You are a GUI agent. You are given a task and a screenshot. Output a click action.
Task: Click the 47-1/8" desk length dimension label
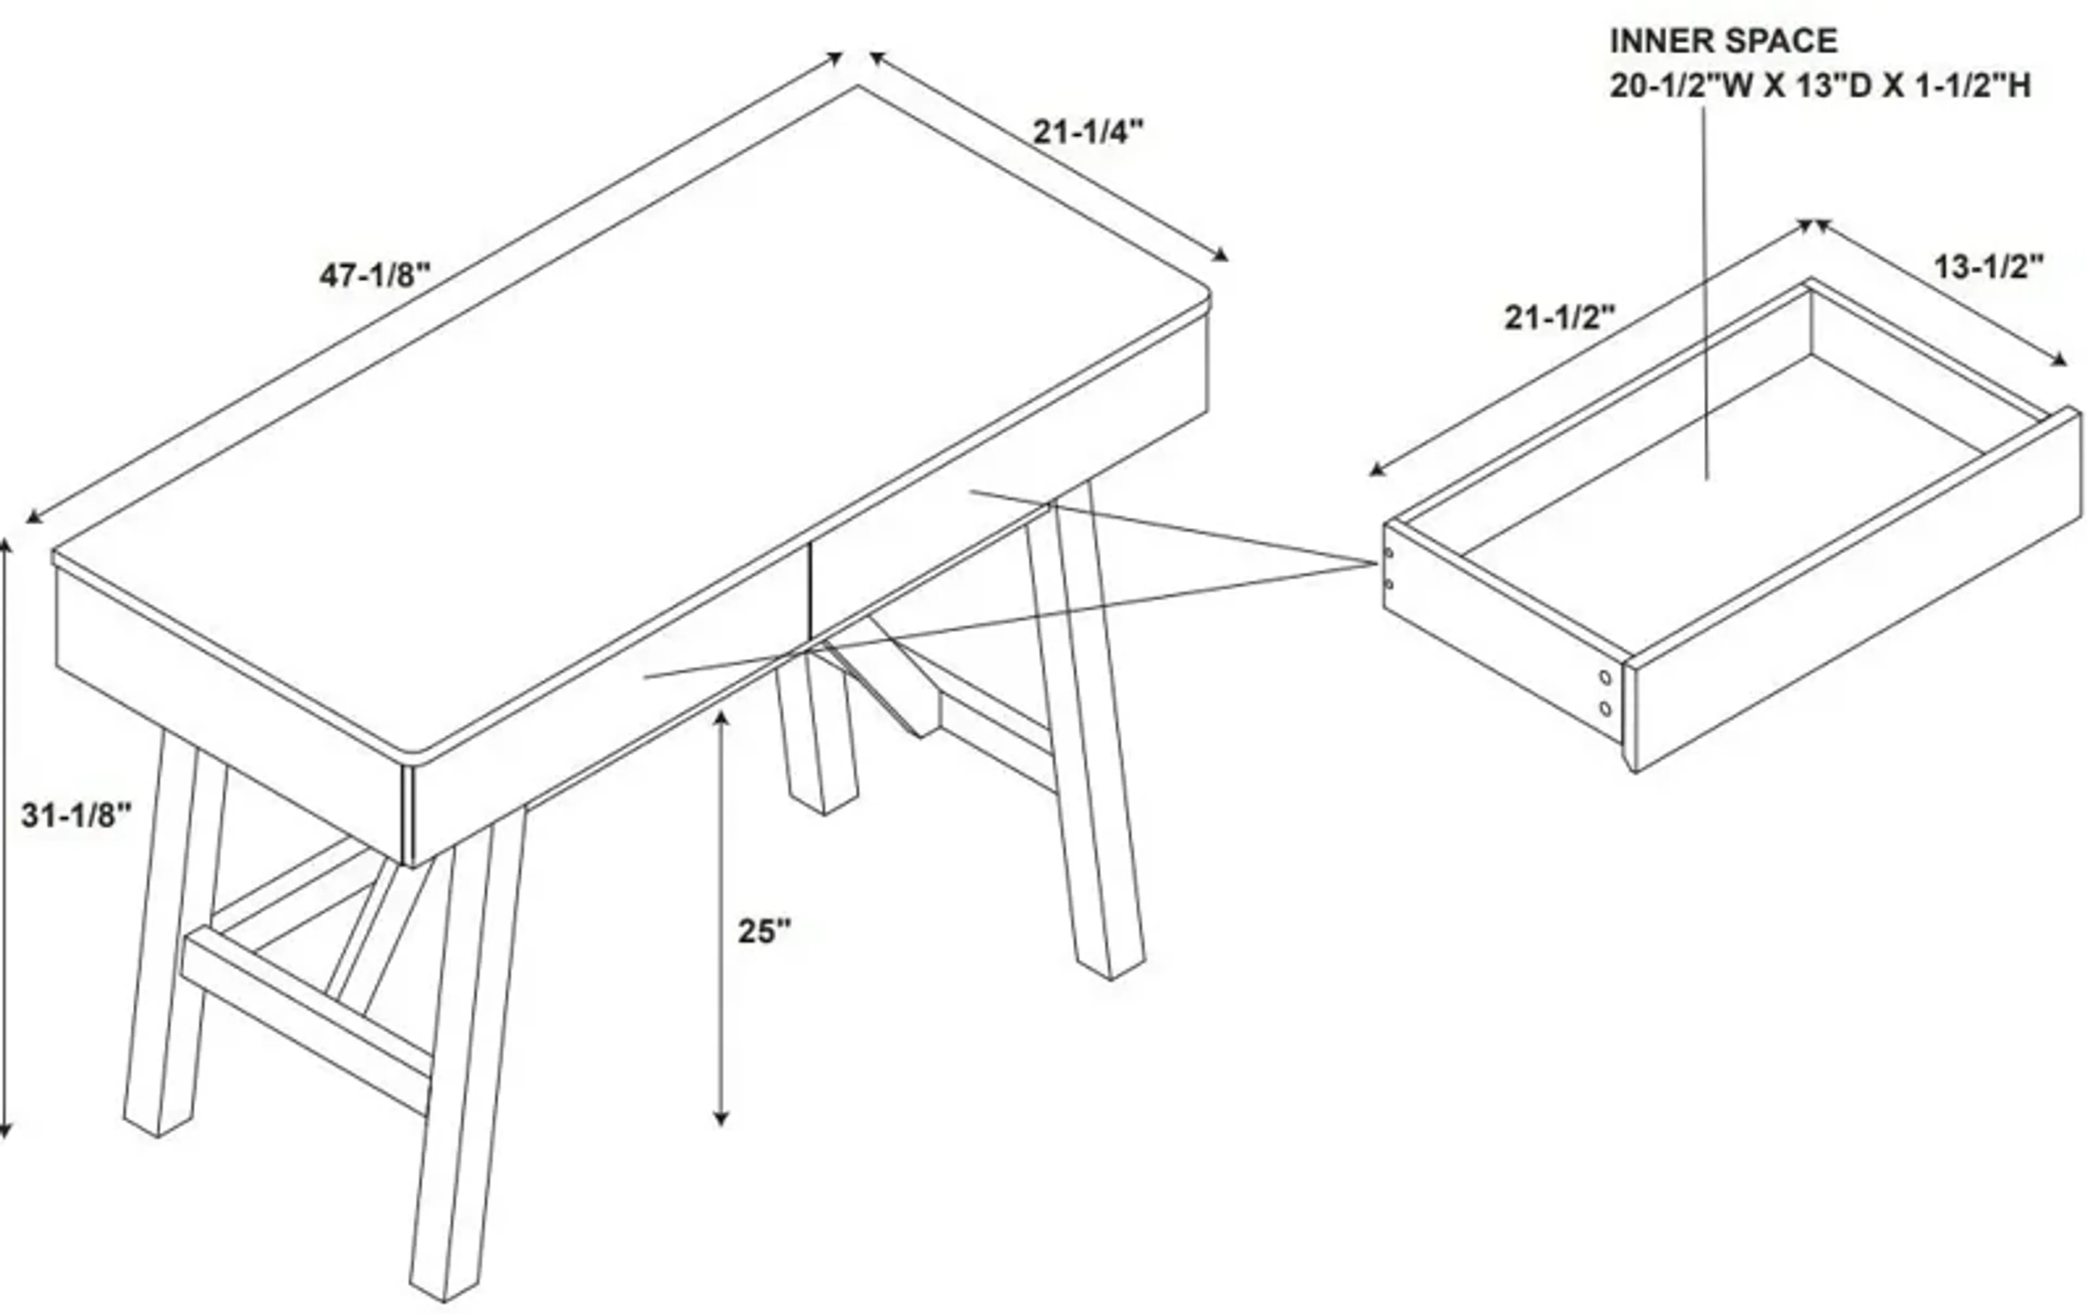tap(374, 275)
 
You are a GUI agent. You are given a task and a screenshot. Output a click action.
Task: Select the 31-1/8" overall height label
tap(76, 815)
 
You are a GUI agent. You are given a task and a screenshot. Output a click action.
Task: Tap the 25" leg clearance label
tap(764, 931)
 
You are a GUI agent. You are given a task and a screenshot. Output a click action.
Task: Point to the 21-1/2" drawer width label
tap(1560, 318)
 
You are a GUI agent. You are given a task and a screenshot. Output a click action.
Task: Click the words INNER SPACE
tap(1723, 41)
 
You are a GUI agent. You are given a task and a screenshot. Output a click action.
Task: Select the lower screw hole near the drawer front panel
tap(1605, 708)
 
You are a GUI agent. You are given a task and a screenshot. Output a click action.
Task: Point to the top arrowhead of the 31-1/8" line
tap(5, 544)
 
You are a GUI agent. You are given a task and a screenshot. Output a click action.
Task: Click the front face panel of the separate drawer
tap(1855, 598)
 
